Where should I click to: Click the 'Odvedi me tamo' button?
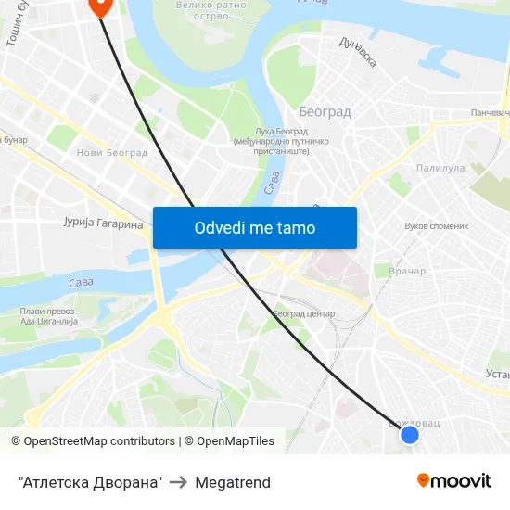coord(255,227)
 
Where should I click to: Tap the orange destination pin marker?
coord(99,6)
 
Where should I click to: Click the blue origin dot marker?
coord(409,434)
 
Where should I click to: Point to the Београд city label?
coord(325,112)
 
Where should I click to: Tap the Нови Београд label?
coord(112,153)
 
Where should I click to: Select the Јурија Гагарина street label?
coord(103,224)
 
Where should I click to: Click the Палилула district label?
coord(440,169)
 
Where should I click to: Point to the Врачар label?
coord(407,272)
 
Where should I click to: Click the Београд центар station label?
coord(303,314)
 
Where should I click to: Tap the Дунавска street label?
coord(358,52)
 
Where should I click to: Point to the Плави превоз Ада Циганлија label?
coord(49,316)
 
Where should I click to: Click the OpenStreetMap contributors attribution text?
coord(93,441)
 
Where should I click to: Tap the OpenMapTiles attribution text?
coord(233,441)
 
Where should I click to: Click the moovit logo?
coord(453,481)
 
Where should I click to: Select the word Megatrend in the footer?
coord(233,482)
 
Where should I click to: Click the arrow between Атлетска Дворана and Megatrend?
coord(179,482)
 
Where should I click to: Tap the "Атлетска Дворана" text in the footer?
coord(90,482)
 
